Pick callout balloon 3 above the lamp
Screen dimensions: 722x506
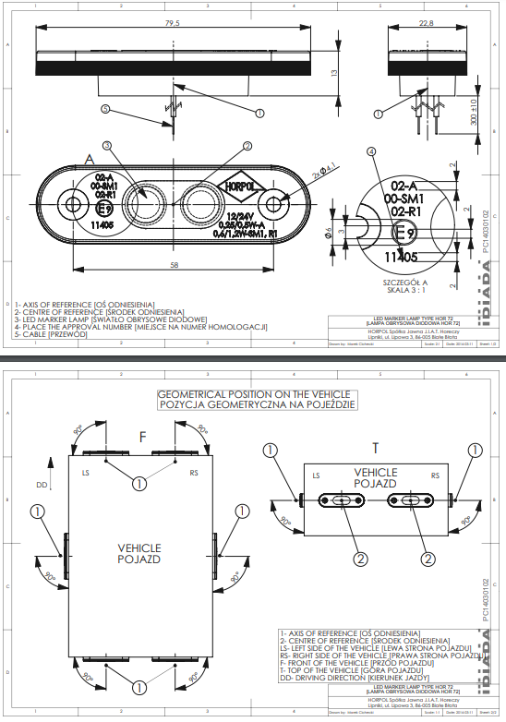[x=107, y=145]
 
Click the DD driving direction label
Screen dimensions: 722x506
[x=41, y=483]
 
